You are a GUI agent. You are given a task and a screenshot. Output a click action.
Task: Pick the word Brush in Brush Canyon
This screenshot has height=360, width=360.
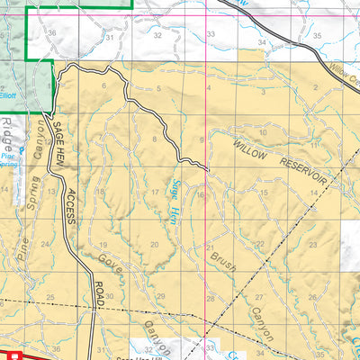223,264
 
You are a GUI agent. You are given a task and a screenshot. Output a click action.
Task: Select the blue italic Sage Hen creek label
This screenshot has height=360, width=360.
177,199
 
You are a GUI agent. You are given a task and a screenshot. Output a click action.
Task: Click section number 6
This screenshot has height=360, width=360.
103,85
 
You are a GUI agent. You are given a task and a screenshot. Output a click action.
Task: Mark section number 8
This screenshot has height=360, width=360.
155,139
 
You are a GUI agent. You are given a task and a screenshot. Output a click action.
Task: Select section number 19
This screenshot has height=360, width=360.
103,245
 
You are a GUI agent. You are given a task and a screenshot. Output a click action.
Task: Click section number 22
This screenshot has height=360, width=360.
261,244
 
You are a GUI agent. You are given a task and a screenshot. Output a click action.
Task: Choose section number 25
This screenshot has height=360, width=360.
50,297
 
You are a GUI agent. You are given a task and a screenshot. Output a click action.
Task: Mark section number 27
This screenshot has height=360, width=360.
259,297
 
